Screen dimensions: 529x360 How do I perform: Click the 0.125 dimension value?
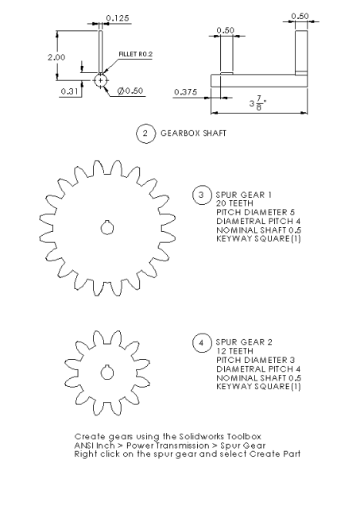click(x=118, y=17)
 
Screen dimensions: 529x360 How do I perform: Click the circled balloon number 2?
click(x=144, y=134)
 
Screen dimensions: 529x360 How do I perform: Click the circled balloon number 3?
click(x=203, y=195)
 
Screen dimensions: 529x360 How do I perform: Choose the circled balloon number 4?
click(x=203, y=343)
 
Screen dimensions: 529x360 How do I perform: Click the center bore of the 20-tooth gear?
click(x=106, y=228)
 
